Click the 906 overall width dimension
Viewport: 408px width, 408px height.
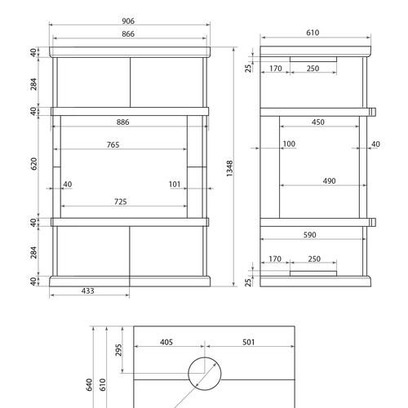pyautogui.click(x=128, y=21)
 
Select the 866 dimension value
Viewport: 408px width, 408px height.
pyautogui.click(x=128, y=34)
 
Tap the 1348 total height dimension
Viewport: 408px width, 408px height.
pyautogui.click(x=230, y=168)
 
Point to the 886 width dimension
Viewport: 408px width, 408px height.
pyautogui.click(x=123, y=122)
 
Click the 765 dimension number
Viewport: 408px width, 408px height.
pyautogui.click(x=113, y=144)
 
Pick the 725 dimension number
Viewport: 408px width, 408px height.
pyautogui.click(x=121, y=202)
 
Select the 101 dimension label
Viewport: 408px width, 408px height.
pyautogui.click(x=175, y=184)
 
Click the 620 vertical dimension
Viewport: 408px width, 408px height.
pyautogui.click(x=33, y=164)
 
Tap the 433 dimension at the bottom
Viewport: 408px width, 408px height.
pyautogui.click(x=88, y=290)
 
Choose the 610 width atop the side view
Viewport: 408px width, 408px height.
pyautogui.click(x=313, y=33)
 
